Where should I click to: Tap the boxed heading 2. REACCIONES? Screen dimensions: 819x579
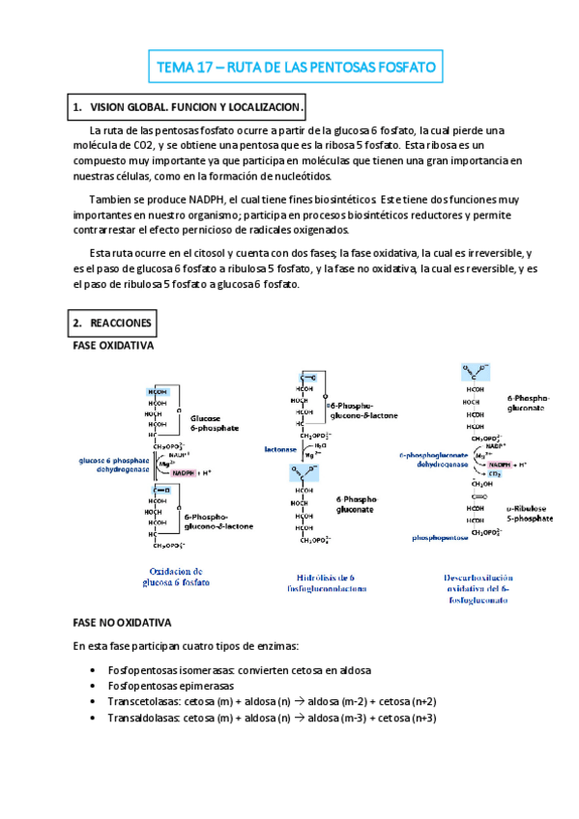[111, 322]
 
